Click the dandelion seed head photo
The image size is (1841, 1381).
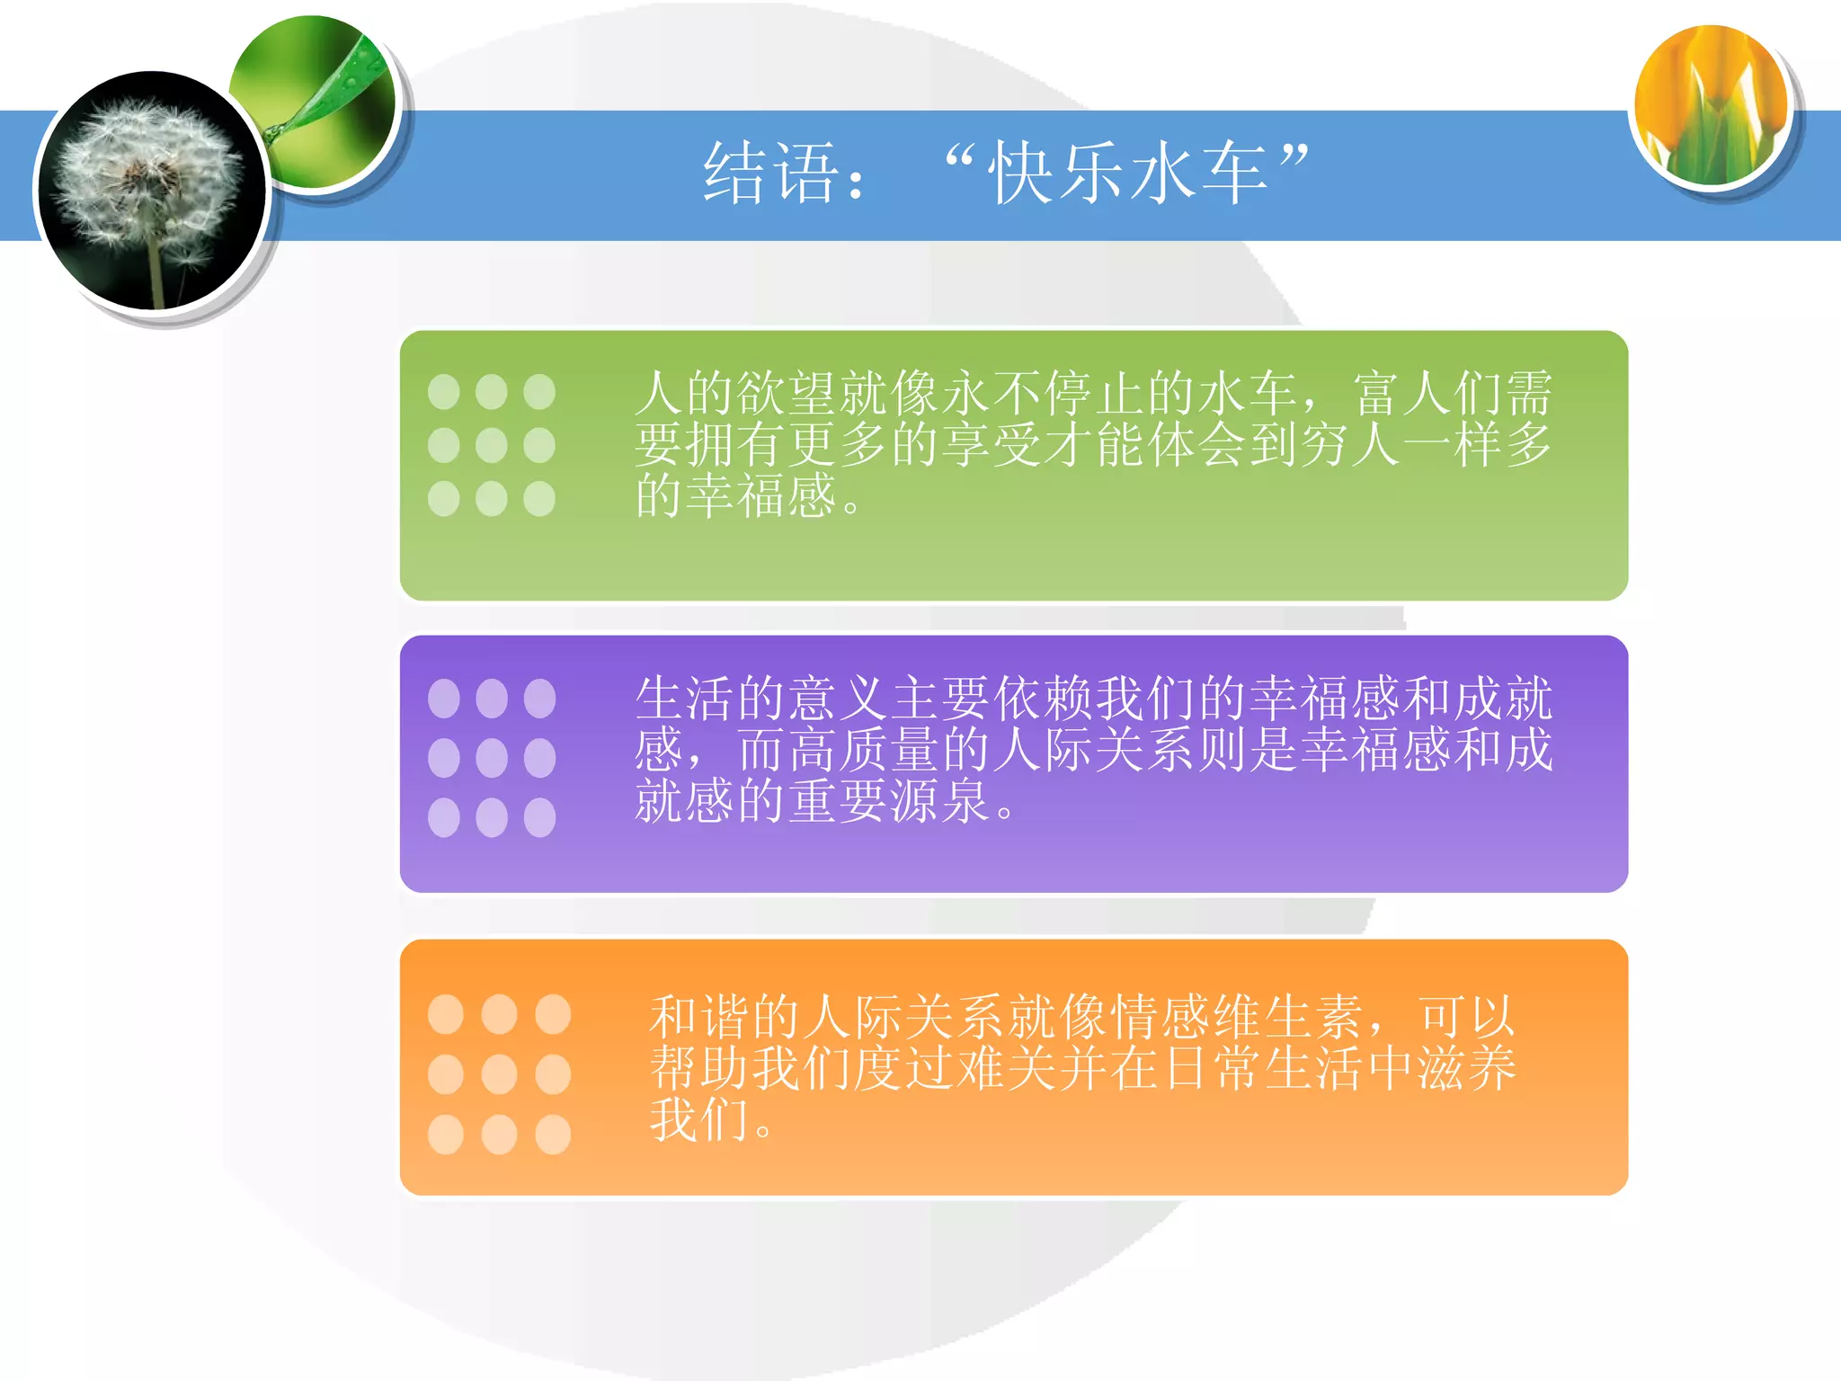(151, 191)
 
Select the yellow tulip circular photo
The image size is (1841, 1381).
(1712, 106)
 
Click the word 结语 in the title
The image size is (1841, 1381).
(771, 173)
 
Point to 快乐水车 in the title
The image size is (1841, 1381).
(1127, 173)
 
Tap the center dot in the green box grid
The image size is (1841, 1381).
(492, 445)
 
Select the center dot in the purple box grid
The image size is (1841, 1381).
(492, 758)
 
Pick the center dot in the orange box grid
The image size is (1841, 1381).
(499, 1074)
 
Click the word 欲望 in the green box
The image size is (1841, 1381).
(787, 394)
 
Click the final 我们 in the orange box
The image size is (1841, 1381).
(699, 1120)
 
